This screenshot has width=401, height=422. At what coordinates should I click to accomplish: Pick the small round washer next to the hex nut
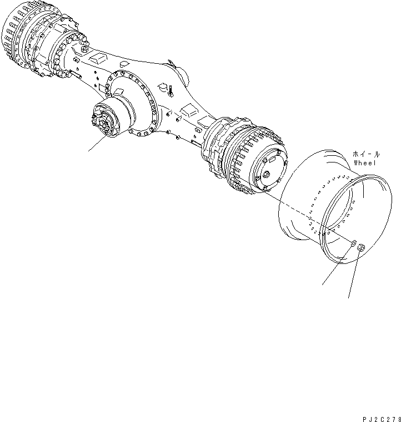(x=353, y=242)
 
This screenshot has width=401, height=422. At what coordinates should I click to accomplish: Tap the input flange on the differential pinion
(x=103, y=120)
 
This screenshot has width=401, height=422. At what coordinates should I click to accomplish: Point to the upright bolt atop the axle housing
(x=172, y=90)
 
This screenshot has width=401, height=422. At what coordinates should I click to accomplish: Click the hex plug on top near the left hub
(x=83, y=49)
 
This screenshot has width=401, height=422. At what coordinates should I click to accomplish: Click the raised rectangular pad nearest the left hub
(x=99, y=58)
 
